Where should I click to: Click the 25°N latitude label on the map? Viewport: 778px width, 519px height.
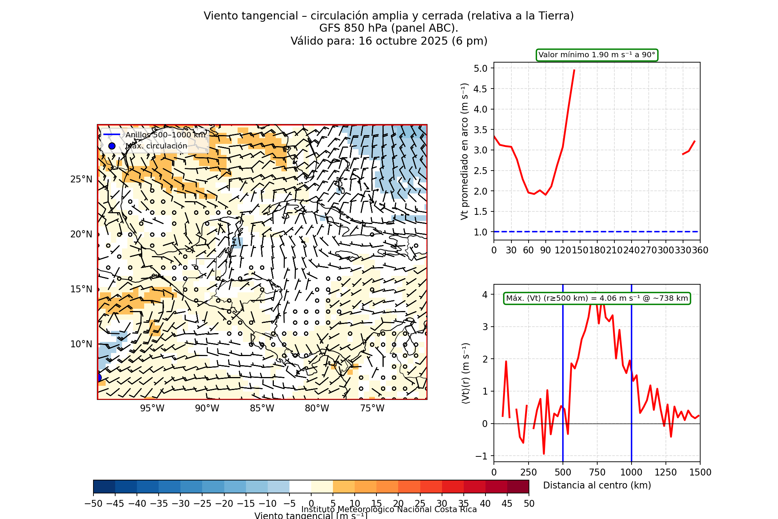pyautogui.click(x=81, y=179)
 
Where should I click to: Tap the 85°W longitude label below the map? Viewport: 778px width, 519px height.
pyautogui.click(x=262, y=408)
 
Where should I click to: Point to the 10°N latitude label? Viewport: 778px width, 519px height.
pyautogui.click(x=81, y=344)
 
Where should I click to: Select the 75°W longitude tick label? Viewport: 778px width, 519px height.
pyautogui.click(x=372, y=408)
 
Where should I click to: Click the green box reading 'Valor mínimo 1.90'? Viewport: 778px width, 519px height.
pyautogui.click(x=597, y=55)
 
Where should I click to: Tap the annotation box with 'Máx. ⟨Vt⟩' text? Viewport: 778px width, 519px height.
pyautogui.click(x=597, y=298)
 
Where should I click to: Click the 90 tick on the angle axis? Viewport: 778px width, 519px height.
pyautogui.click(x=545, y=250)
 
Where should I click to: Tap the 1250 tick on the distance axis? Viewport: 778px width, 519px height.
pyautogui.click(x=665, y=472)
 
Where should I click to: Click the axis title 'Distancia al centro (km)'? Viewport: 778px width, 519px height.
pyautogui.click(x=597, y=485)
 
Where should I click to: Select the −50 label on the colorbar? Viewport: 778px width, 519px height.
pyautogui.click(x=93, y=504)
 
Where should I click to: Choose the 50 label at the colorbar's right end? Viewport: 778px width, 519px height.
pyautogui.click(x=529, y=504)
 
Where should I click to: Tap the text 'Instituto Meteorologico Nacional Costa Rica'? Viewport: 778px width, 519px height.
pyautogui.click(x=389, y=509)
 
